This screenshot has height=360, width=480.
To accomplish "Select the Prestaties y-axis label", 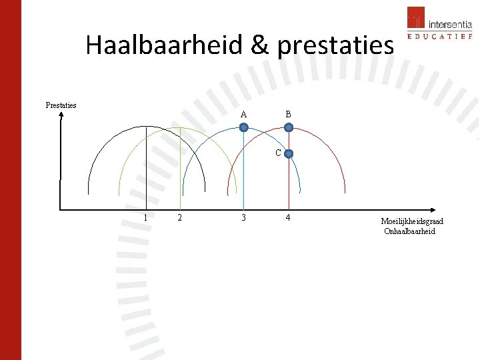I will click(x=61, y=105).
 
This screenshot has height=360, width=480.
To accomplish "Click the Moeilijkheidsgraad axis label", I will click(x=412, y=221).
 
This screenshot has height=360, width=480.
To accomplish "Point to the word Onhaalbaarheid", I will click(x=409, y=231).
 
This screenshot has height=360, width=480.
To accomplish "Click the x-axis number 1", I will click(x=146, y=218).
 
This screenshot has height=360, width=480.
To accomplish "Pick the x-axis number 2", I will click(x=178, y=218).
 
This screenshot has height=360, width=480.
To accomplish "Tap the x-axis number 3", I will click(x=244, y=218).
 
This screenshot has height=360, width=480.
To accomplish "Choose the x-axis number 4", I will click(x=288, y=218).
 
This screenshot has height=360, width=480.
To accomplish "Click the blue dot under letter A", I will click(x=244, y=127).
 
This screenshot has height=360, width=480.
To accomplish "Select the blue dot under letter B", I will click(x=288, y=127).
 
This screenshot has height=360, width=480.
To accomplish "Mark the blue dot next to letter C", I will click(x=288, y=153).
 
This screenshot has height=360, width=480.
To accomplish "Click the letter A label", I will click(x=243, y=114).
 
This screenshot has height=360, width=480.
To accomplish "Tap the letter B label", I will click(x=288, y=114).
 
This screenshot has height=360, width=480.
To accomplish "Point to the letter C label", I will click(x=278, y=153).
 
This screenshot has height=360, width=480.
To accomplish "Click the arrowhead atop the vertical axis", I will click(x=61, y=115).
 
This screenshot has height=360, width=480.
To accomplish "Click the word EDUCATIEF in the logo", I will click(x=439, y=36).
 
